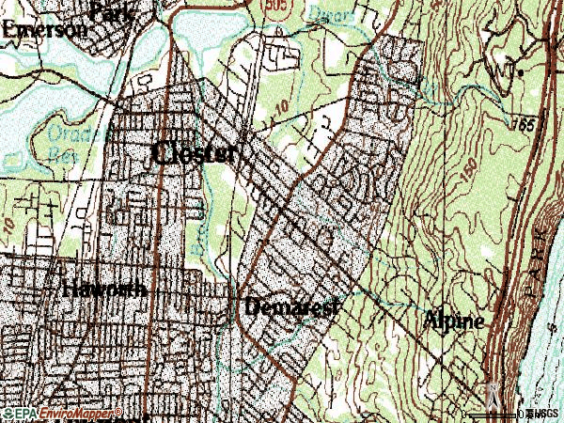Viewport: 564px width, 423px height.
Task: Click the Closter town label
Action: pyautogui.click(x=193, y=153)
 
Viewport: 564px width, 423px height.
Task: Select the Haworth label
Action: pyautogui.click(x=103, y=290)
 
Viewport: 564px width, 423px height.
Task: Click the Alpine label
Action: pyautogui.click(x=455, y=320)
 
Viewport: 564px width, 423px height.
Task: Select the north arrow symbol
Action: pyautogui.click(x=491, y=395)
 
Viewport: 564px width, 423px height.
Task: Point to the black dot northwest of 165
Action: pyautogui.click(x=519, y=71)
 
